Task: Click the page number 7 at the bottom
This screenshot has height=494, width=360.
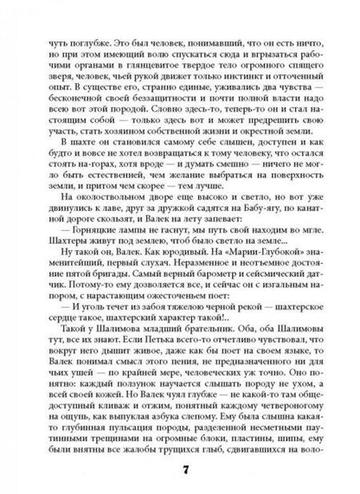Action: (180, 469)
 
